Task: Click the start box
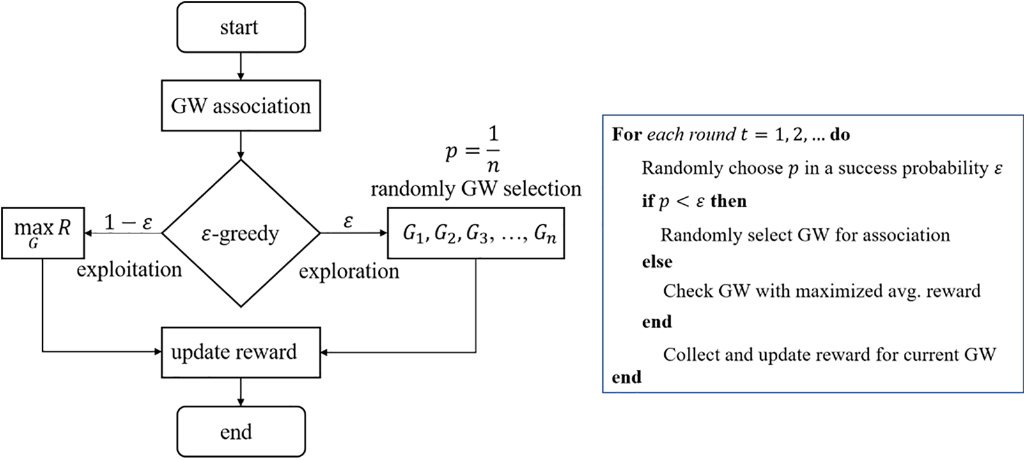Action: pyautogui.click(x=240, y=28)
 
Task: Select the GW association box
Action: pyautogui.click(x=240, y=106)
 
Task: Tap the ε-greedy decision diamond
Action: pyautogui.click(x=240, y=234)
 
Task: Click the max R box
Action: pyautogui.click(x=43, y=233)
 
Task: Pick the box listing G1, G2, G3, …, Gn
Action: pyautogui.click(x=476, y=234)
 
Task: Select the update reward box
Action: pyautogui.click(x=240, y=352)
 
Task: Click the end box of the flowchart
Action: pyautogui.click(x=240, y=432)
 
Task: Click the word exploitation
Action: pyautogui.click(x=129, y=270)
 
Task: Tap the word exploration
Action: pyautogui.click(x=349, y=271)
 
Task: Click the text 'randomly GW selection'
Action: pyautogui.click(x=476, y=189)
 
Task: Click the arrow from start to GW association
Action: pyautogui.click(x=240, y=66)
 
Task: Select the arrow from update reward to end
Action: pyautogui.click(x=240, y=392)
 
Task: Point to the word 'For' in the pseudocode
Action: pyautogui.click(x=626, y=135)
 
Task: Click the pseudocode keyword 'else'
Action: pyautogui.click(x=657, y=262)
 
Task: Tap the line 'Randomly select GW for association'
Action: pyautogui.click(x=805, y=235)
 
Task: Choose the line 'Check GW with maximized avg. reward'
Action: pyautogui.click(x=821, y=291)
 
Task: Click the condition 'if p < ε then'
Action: pyautogui.click(x=694, y=202)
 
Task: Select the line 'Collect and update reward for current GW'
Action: pyautogui.click(x=829, y=354)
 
